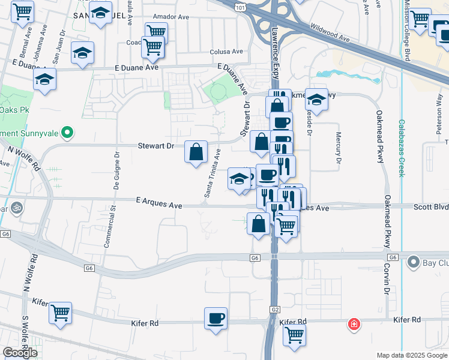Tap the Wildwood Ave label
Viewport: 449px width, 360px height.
point(330,33)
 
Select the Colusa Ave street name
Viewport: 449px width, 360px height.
point(225,52)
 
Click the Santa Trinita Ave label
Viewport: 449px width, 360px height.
point(212,175)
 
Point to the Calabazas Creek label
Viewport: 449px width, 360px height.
point(401,148)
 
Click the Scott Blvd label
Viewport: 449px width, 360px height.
point(430,206)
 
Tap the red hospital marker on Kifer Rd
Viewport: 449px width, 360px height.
point(354,325)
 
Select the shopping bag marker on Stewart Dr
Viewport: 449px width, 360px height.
point(196,152)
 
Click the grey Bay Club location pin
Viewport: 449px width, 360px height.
point(413,262)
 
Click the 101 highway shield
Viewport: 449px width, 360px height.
point(241,8)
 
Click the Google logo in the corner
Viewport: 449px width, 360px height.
point(20,353)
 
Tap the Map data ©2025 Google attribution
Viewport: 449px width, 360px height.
point(411,355)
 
